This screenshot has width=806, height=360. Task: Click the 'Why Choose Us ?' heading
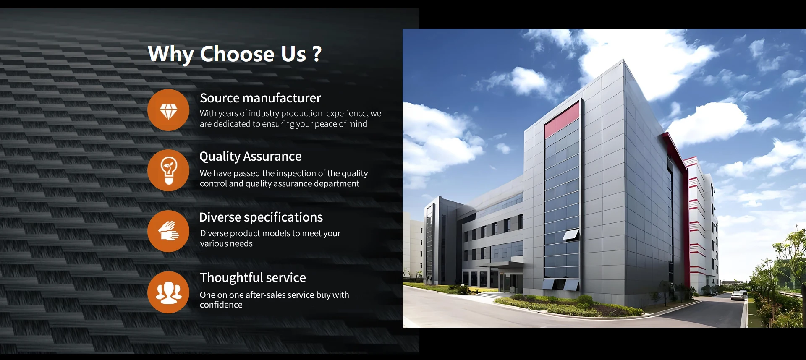[x=235, y=54]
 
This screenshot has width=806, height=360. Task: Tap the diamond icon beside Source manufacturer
[x=168, y=110]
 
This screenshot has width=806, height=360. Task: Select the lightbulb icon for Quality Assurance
[x=168, y=170]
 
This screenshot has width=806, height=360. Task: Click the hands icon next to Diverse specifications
[x=168, y=231]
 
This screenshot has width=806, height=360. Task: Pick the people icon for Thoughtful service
[x=168, y=292]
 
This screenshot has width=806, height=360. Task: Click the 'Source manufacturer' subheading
[x=260, y=98]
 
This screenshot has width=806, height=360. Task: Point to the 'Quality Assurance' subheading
[x=250, y=157]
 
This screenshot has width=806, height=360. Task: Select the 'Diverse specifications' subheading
[x=261, y=217]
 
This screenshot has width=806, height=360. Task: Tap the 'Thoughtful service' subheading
[x=253, y=277]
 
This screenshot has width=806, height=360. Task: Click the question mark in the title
[x=317, y=54]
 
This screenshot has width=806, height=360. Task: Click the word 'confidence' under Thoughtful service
[x=221, y=305]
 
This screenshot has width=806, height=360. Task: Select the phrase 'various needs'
[x=226, y=244]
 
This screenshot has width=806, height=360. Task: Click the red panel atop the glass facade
[x=562, y=120]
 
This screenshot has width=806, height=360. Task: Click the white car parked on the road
[x=738, y=296]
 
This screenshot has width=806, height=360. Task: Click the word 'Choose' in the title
[x=237, y=54]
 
